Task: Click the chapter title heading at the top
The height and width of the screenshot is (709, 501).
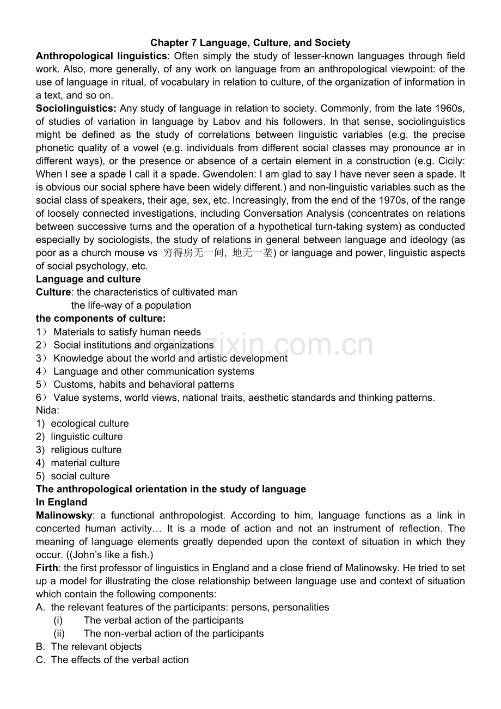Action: [250, 42]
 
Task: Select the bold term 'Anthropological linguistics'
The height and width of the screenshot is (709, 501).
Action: [101, 56]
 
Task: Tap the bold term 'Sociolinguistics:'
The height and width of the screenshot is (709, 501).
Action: [76, 108]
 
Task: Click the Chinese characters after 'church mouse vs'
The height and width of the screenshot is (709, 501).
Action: [218, 253]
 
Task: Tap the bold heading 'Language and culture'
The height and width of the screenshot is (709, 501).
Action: [88, 279]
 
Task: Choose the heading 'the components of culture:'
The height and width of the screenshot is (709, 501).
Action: [101, 318]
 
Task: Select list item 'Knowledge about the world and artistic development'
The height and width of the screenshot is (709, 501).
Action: [170, 358]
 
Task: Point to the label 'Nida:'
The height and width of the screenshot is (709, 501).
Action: [48, 410]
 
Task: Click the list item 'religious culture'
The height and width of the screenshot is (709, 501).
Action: [86, 449]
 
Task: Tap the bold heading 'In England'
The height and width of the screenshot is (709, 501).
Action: [62, 502]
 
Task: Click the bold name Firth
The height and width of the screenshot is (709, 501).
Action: [47, 567]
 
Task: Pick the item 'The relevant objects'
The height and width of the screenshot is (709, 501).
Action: [96, 646]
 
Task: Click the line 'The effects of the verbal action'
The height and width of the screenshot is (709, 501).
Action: [120, 659]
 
